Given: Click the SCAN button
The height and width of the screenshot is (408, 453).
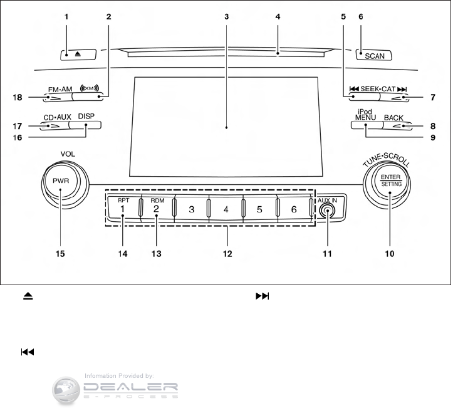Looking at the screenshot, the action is pyautogui.click(x=373, y=55).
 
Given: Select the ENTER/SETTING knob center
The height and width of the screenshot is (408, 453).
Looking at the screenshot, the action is pyautogui.click(x=390, y=181).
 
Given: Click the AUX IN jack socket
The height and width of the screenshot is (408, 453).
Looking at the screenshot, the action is pyautogui.click(x=327, y=211).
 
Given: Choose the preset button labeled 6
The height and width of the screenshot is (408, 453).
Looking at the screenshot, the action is pyautogui.click(x=293, y=209).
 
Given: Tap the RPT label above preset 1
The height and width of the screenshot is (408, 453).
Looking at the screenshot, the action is pyautogui.click(x=123, y=201).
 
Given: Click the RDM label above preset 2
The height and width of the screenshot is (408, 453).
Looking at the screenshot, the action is pyautogui.click(x=157, y=201).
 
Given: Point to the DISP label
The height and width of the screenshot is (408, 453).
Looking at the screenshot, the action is pyautogui.click(x=86, y=117).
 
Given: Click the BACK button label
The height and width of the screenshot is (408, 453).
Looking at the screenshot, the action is pyautogui.click(x=393, y=118).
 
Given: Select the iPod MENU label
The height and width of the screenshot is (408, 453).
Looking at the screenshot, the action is pyautogui.click(x=365, y=115).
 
